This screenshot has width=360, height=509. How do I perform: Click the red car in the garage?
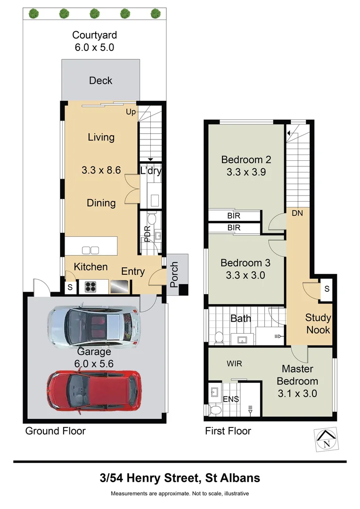coord(93,390)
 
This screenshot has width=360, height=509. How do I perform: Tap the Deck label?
coord(101,81)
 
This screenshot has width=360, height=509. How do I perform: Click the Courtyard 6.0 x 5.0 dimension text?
coord(94,48)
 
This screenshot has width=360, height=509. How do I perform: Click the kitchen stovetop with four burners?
coord(90,287)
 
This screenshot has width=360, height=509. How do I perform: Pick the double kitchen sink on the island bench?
coord(90,250)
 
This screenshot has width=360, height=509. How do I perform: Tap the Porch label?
coord(174,275)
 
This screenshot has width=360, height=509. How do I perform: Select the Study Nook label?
coord(319,324)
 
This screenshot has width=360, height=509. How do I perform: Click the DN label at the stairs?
coord(297,213)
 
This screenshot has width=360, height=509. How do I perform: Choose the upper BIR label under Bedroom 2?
coord(234,216)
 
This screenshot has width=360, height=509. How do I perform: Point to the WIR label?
coord(234,364)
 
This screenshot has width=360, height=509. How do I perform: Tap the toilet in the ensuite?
coord(214,410)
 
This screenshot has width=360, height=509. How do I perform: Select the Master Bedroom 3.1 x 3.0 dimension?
coord(297,393)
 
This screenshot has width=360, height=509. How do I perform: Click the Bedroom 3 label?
coord(241,263)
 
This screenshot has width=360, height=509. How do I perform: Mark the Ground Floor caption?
coord(55,431)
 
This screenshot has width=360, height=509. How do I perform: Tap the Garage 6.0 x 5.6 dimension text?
coord(94,363)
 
